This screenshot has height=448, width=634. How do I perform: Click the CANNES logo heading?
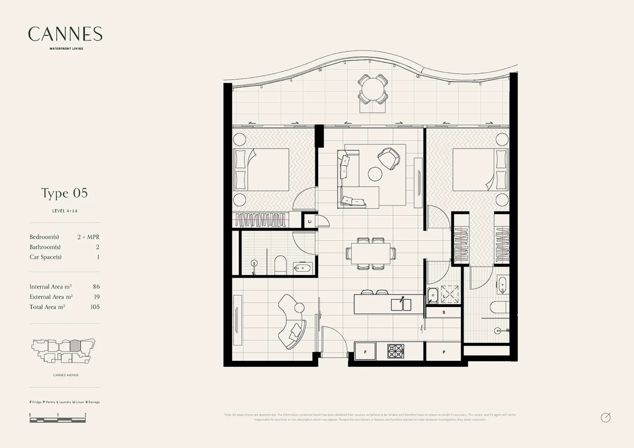[x=65, y=34]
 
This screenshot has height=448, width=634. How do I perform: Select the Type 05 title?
[x=65, y=193]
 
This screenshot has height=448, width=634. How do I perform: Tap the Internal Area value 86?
[x=96, y=287]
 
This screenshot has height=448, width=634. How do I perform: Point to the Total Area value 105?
[x=94, y=307]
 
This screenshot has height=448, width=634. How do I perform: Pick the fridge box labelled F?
[x=365, y=352]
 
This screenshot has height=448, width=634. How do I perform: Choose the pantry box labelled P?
[x=443, y=352]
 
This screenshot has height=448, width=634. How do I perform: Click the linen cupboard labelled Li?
[x=310, y=222]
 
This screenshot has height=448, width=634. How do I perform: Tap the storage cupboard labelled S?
[x=443, y=312]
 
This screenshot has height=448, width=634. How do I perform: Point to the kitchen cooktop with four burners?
[x=396, y=351]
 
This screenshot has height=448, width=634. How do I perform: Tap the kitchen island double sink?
[x=401, y=304]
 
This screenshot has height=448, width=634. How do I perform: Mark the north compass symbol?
[x=606, y=417]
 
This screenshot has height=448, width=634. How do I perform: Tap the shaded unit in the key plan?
[x=75, y=346]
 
